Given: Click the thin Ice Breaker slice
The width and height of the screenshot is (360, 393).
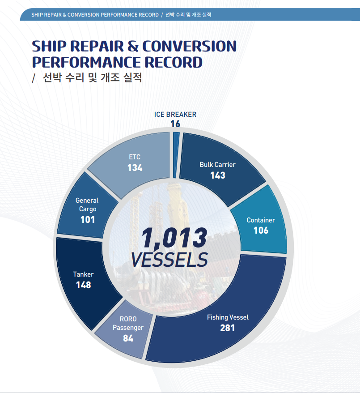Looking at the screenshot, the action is coord(176,155).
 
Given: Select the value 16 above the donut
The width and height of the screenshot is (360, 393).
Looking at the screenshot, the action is coord(175,124).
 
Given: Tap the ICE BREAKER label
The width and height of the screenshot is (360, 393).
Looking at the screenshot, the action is coord(175,114).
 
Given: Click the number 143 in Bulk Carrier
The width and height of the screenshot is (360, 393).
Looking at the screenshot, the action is coord(218,175).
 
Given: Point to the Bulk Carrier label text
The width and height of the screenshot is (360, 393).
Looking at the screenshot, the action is coord(217,164).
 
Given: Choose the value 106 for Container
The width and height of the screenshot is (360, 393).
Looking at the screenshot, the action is coord(261,231).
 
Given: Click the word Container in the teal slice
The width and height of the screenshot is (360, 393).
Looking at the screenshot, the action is coord(261,220).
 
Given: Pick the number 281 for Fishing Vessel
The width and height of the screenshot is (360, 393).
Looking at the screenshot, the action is coord(228,328).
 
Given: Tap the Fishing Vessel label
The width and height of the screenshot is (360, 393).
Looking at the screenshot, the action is coord(228,317).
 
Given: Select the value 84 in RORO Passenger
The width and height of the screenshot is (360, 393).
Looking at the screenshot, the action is coord(128,338).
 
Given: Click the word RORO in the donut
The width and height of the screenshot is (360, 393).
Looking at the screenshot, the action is coord(128,319).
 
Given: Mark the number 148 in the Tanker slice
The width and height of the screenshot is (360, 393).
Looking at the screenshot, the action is coord(83,285).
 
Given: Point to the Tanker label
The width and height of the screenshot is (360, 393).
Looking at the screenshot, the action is coord(83,274).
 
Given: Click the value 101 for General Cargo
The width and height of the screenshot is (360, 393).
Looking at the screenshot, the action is coord(88,220).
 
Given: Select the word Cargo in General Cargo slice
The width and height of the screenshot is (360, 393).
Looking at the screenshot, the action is coord(88,209).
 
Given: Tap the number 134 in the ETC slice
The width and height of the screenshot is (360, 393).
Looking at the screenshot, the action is coord(135,168).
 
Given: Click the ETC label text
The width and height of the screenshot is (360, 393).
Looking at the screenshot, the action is coord(135,157).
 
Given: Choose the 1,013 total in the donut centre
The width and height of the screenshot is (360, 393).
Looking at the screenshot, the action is coord(174,238).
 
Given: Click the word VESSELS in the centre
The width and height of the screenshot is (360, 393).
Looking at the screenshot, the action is coord(169,260).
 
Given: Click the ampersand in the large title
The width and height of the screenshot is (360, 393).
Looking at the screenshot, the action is coord(133,46).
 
